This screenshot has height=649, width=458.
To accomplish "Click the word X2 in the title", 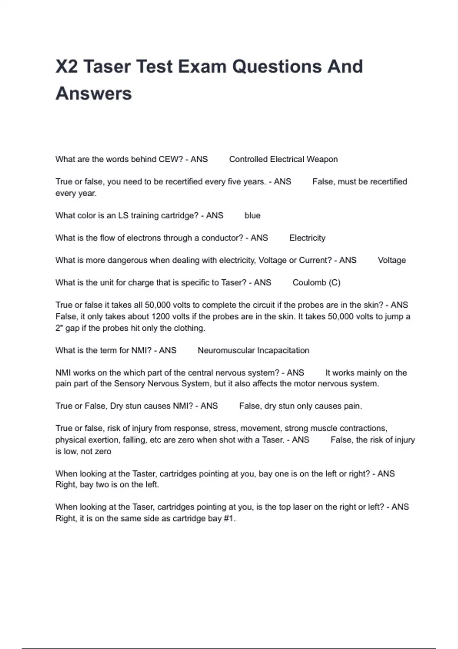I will pyautogui.click(x=67, y=66).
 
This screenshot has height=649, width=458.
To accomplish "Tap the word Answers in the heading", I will pyautogui.click(x=94, y=94).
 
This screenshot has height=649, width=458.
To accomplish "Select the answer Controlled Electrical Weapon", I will pyautogui.click(x=283, y=159).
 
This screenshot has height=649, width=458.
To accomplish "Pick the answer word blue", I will pyautogui.click(x=252, y=216).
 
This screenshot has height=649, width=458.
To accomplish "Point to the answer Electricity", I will pyautogui.click(x=307, y=238).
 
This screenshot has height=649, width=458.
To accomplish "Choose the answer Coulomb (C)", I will pyautogui.click(x=316, y=283).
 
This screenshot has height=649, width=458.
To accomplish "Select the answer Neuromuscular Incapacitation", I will pyautogui.click(x=253, y=350).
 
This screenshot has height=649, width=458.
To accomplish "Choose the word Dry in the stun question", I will pyautogui.click(x=116, y=406).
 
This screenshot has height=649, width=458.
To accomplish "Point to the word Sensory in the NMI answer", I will pyautogui.click(x=130, y=384).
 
